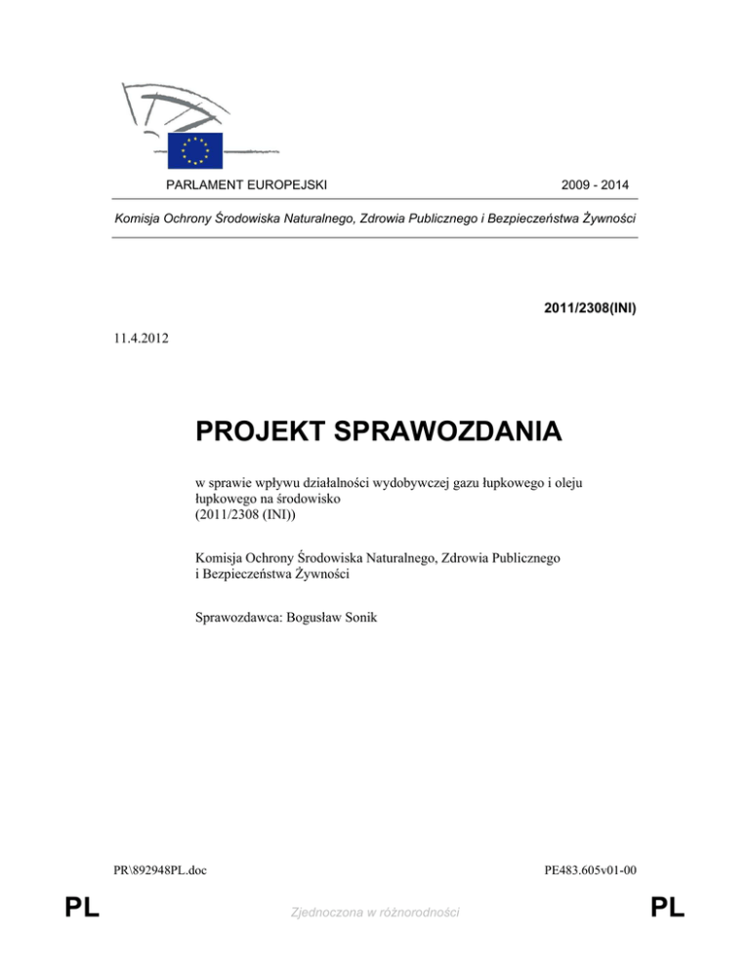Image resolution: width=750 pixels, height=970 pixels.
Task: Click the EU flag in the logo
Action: tap(194, 150)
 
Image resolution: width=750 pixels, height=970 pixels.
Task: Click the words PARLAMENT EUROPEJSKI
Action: tap(246, 184)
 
